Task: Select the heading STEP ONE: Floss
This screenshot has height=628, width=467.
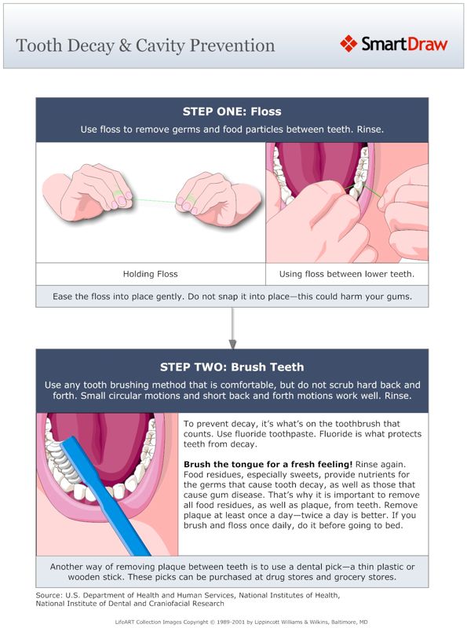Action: pos(232,111)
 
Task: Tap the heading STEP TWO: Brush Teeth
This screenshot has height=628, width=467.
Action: pos(232,367)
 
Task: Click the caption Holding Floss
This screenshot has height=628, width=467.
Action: pos(150,274)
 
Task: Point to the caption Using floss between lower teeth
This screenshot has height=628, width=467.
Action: pos(347,274)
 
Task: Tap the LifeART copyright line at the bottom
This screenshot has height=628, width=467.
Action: pos(233,620)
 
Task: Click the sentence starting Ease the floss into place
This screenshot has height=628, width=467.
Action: pos(232,296)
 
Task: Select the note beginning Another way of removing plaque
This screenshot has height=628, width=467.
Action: pos(232,571)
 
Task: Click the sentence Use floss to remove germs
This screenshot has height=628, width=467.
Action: pos(232,129)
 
